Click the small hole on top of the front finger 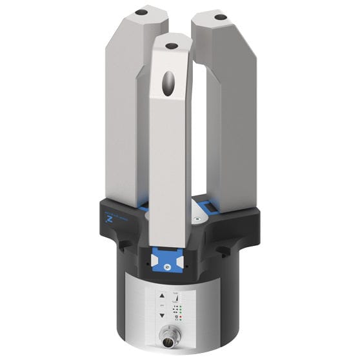pyautogui.click(x=171, y=46)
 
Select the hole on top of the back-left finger pyautogui.click(x=139, y=12)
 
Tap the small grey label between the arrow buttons pyautogui.click(x=162, y=304)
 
